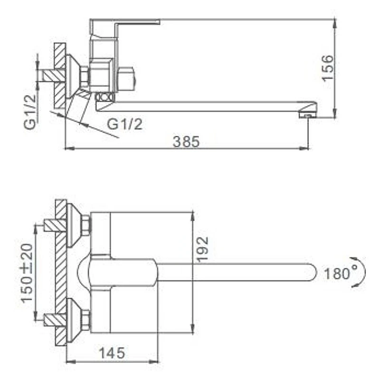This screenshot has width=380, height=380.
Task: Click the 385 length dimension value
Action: coord(186,142)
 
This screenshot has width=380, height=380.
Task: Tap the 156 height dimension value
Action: coord(327,68)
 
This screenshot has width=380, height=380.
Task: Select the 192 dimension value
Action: coord(202,249)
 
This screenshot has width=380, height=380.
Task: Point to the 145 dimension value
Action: coord(112,353)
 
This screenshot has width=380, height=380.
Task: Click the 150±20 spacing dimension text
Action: coord(27,273)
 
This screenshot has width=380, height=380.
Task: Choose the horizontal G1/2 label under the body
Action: coord(124,124)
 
